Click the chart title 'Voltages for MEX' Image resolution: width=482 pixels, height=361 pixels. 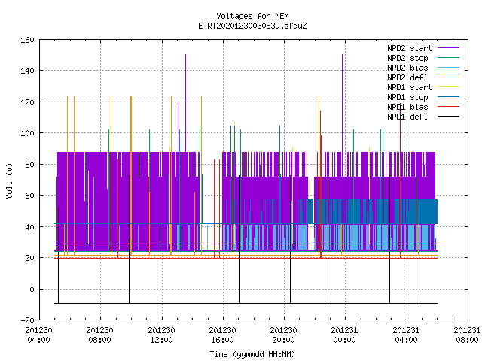click(x=252, y=16)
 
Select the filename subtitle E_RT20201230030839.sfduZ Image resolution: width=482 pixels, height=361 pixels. click(x=252, y=26)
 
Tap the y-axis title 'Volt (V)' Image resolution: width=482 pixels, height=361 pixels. click(x=9, y=180)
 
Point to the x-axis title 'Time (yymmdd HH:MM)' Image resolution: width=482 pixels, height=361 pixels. click(x=252, y=354)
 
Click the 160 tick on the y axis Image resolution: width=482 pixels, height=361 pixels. click(x=27, y=40)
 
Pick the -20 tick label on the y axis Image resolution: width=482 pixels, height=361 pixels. click(x=27, y=320)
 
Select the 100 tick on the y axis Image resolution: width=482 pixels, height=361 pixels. click(x=27, y=133)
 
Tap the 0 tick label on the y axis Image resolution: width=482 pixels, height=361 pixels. click(x=32, y=289)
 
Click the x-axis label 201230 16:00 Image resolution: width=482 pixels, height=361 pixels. click(x=223, y=335)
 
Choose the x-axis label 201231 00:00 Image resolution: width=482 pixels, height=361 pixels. click(x=345, y=335)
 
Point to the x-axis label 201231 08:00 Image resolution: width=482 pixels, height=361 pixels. click(x=467, y=335)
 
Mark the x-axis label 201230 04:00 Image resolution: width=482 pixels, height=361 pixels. click(x=38, y=335)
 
